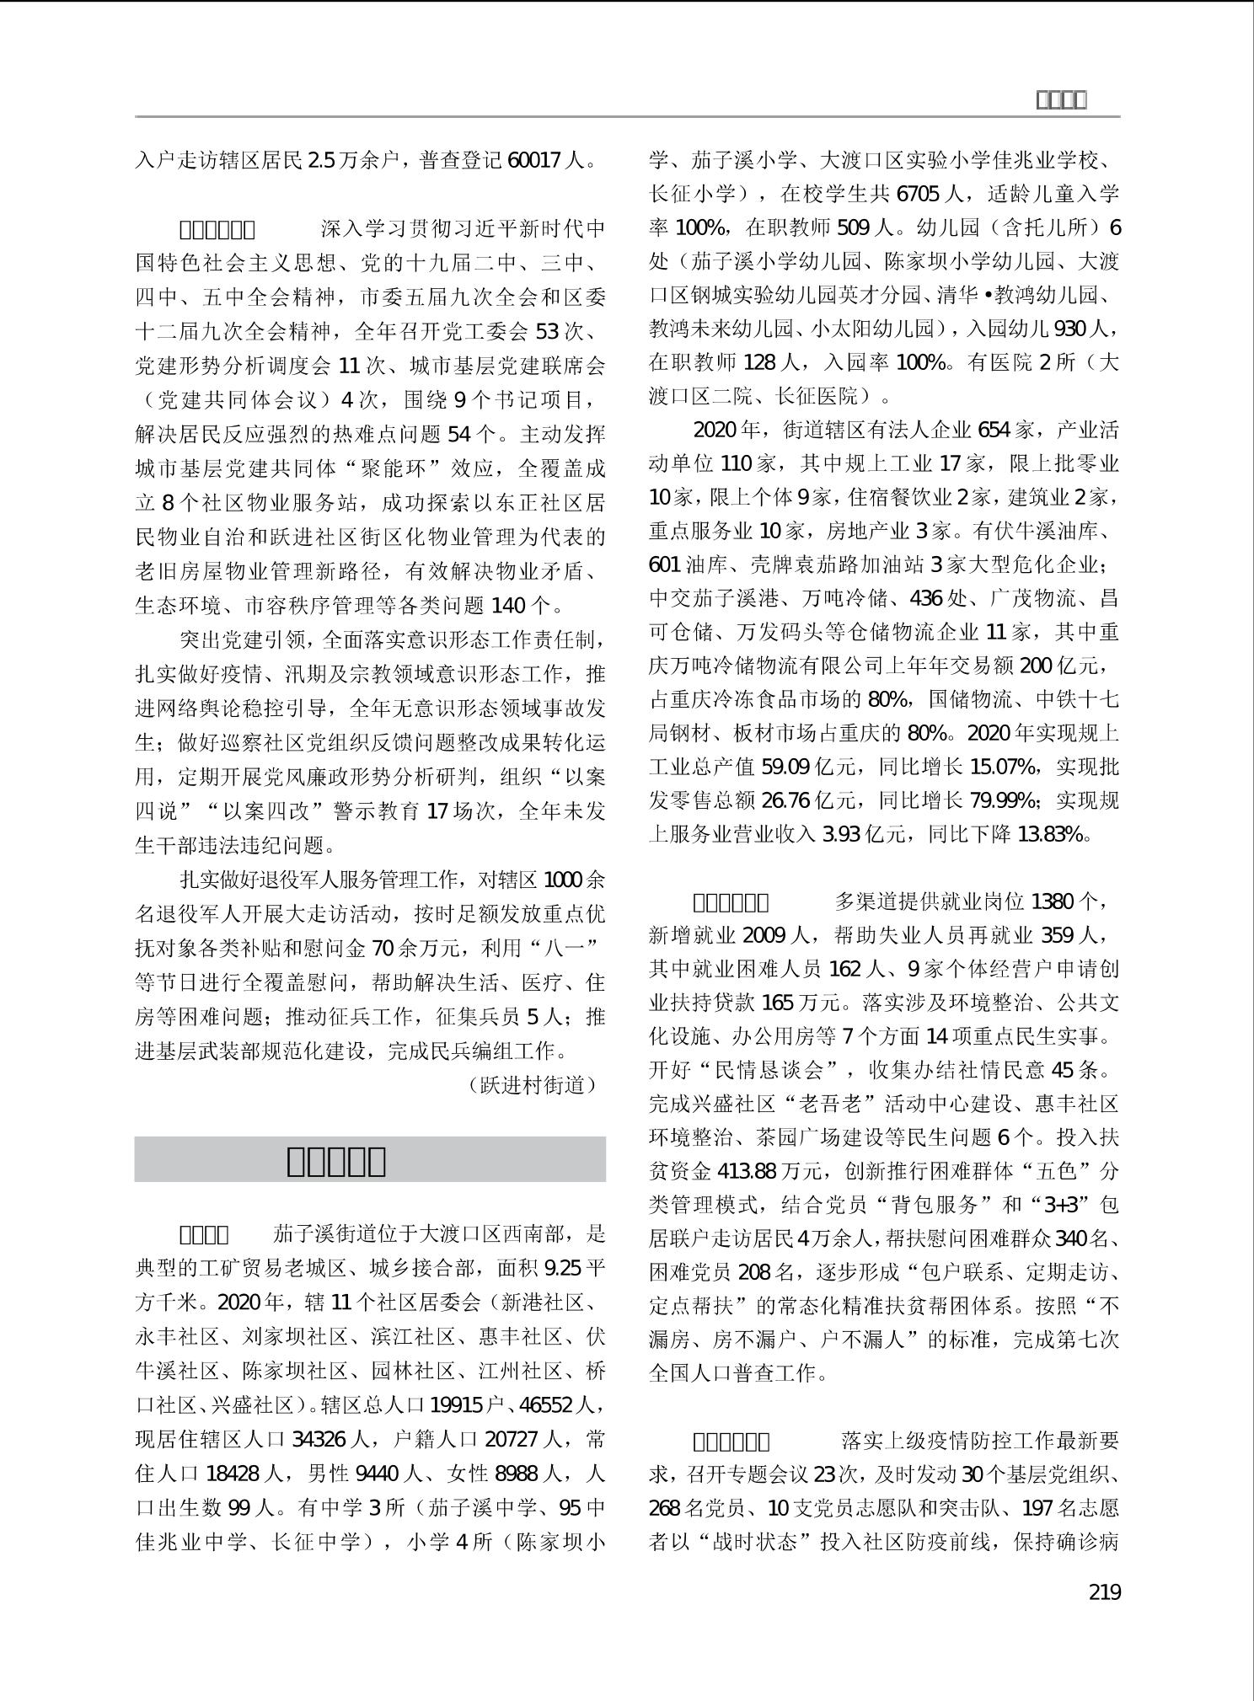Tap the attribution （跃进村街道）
click(x=533, y=1085)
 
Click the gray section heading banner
click(x=370, y=1160)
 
